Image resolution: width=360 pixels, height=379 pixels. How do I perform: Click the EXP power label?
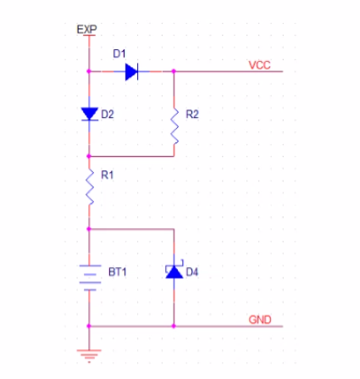coord(86,29)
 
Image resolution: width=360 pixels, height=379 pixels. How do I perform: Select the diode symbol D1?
coord(131,71)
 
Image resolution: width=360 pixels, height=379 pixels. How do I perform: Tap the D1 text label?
coord(119,53)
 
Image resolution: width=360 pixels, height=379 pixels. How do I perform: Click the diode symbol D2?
coord(90,114)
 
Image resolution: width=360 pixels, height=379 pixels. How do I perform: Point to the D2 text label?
coord(108,114)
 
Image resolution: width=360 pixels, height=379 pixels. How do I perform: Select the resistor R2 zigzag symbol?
coord(174,125)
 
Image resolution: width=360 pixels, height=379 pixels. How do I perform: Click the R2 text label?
coord(192,114)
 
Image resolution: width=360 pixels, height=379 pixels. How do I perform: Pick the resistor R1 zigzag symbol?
coord(90,187)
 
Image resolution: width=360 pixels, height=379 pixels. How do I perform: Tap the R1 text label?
coord(108,175)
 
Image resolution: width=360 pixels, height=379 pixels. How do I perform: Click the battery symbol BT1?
coord(90,278)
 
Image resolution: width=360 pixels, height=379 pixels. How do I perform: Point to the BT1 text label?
coord(118,272)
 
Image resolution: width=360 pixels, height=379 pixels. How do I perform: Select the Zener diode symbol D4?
coord(174,271)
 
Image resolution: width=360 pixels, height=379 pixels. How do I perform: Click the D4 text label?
coord(192,272)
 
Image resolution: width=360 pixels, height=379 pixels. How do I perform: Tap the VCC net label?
coord(259,65)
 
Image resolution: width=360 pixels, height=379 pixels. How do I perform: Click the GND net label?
coord(260,320)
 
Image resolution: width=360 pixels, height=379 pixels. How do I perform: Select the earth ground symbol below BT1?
coord(89,356)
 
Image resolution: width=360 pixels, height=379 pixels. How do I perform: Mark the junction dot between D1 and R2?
coord(174,71)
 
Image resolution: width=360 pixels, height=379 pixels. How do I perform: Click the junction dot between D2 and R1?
coord(89,156)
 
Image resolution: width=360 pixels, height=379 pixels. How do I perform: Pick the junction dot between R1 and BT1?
coord(89,229)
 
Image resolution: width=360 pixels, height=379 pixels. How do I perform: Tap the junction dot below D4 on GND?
coord(174,326)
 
